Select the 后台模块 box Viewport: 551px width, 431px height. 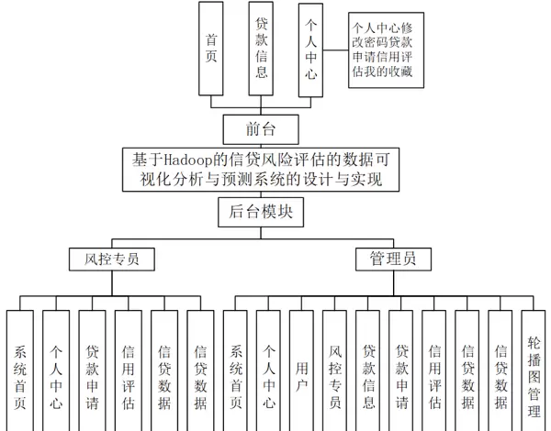(x=262, y=212)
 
